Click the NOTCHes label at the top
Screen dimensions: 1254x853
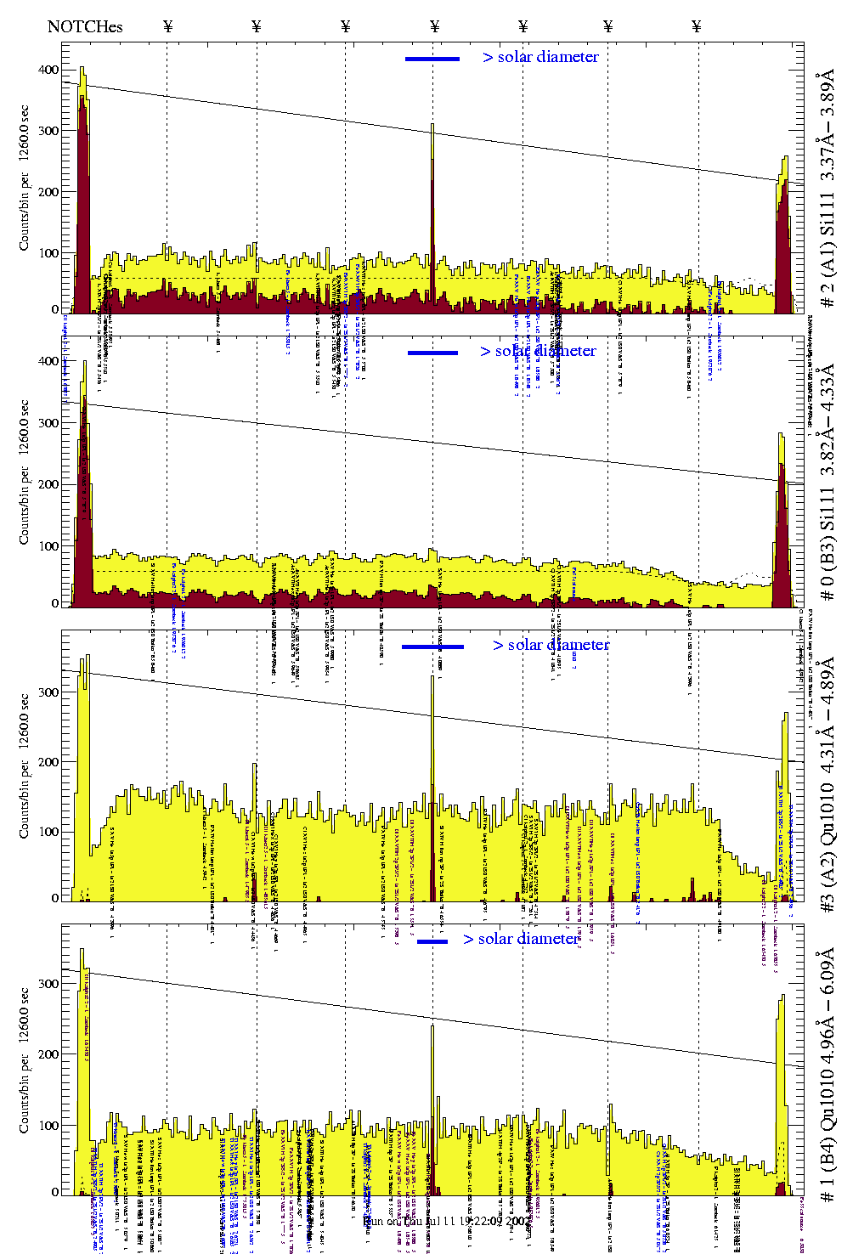(85, 26)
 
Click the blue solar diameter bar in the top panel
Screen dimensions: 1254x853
(432, 59)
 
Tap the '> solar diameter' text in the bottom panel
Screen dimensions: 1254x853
(521, 939)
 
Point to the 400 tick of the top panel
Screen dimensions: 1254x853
(48, 70)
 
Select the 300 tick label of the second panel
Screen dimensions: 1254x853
(48, 423)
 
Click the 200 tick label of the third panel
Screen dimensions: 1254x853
(48, 762)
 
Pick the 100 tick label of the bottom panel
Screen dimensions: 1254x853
(48, 1126)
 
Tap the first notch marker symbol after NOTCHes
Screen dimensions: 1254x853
(168, 26)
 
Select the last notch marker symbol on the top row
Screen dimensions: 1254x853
(697, 26)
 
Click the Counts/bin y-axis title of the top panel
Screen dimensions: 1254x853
(25, 178)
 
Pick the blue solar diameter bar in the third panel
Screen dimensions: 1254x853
(432, 647)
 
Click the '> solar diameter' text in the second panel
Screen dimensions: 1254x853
(538, 351)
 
